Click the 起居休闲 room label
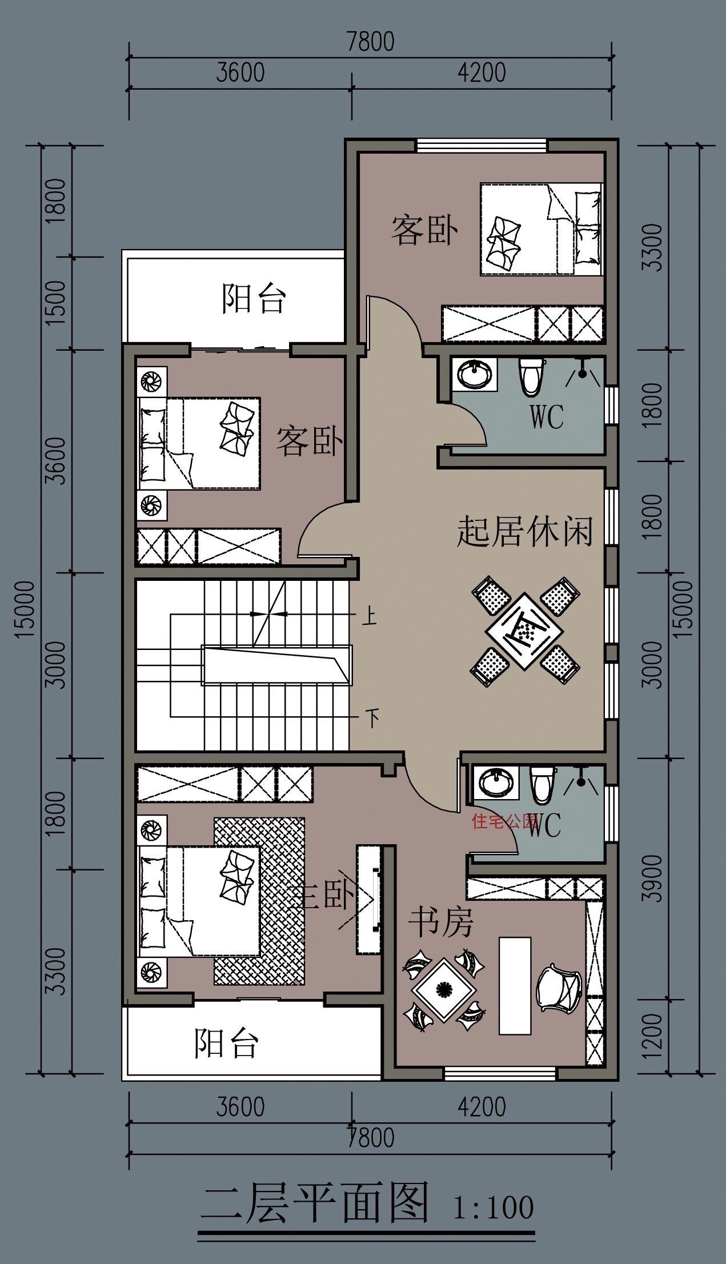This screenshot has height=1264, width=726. (524, 532)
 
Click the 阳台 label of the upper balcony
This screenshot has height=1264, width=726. (253, 299)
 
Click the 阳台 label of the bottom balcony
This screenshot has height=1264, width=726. (226, 1044)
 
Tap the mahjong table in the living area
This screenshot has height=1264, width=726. (524, 631)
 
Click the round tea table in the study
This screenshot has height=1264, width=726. (444, 990)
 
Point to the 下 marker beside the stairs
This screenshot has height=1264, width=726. (372, 717)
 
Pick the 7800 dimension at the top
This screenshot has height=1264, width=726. (370, 43)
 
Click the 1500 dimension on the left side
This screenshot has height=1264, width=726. (57, 303)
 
